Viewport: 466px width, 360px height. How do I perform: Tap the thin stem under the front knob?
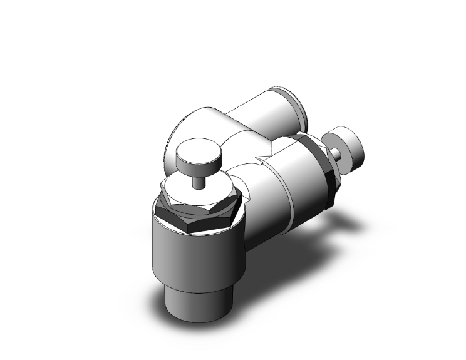pos(198,182)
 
